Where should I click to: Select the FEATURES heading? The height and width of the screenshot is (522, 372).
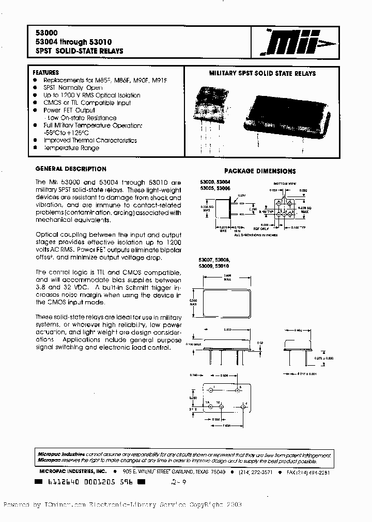(45, 73)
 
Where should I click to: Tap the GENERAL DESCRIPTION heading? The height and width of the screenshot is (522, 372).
(70, 169)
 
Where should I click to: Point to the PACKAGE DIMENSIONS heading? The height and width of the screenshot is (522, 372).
(259, 171)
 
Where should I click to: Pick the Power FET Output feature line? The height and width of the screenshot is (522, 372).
(69, 110)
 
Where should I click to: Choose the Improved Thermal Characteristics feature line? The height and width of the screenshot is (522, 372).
(90, 140)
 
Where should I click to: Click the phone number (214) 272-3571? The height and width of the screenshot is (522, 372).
(261, 472)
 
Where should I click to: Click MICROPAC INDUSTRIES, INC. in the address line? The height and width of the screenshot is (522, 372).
(72, 472)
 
